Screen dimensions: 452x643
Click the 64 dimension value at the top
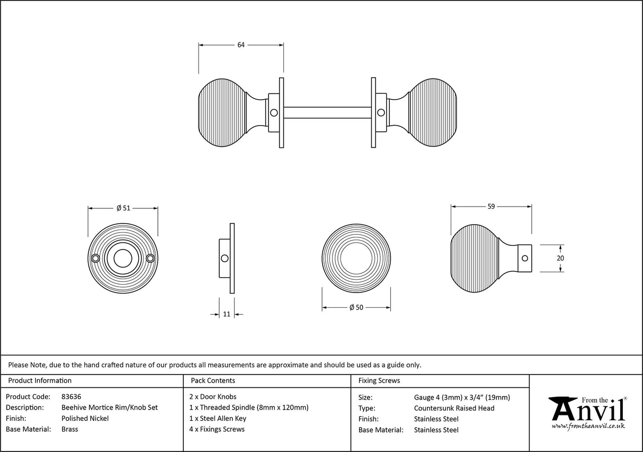tap(241, 45)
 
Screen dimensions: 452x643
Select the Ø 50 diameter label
tap(356, 308)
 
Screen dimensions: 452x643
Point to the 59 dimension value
tap(491, 207)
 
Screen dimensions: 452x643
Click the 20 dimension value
tap(560, 258)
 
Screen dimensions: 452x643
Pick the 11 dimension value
tap(227, 314)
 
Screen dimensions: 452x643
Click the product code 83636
tap(72, 396)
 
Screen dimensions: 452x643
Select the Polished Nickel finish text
tap(85, 418)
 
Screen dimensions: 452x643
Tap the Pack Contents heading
tap(212, 380)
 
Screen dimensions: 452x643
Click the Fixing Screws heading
tap(379, 380)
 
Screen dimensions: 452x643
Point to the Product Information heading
tap(40, 380)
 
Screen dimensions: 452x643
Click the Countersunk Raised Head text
tap(454, 407)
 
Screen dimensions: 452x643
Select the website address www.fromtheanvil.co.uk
tap(588, 426)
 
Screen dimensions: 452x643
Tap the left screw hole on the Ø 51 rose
tap(96, 258)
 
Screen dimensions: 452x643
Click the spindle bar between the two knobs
tap(327, 112)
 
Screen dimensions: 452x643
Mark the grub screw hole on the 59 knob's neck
tap(525, 258)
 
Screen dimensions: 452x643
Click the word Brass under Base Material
tap(70, 429)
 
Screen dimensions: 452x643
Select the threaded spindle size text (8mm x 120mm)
tap(282, 407)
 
